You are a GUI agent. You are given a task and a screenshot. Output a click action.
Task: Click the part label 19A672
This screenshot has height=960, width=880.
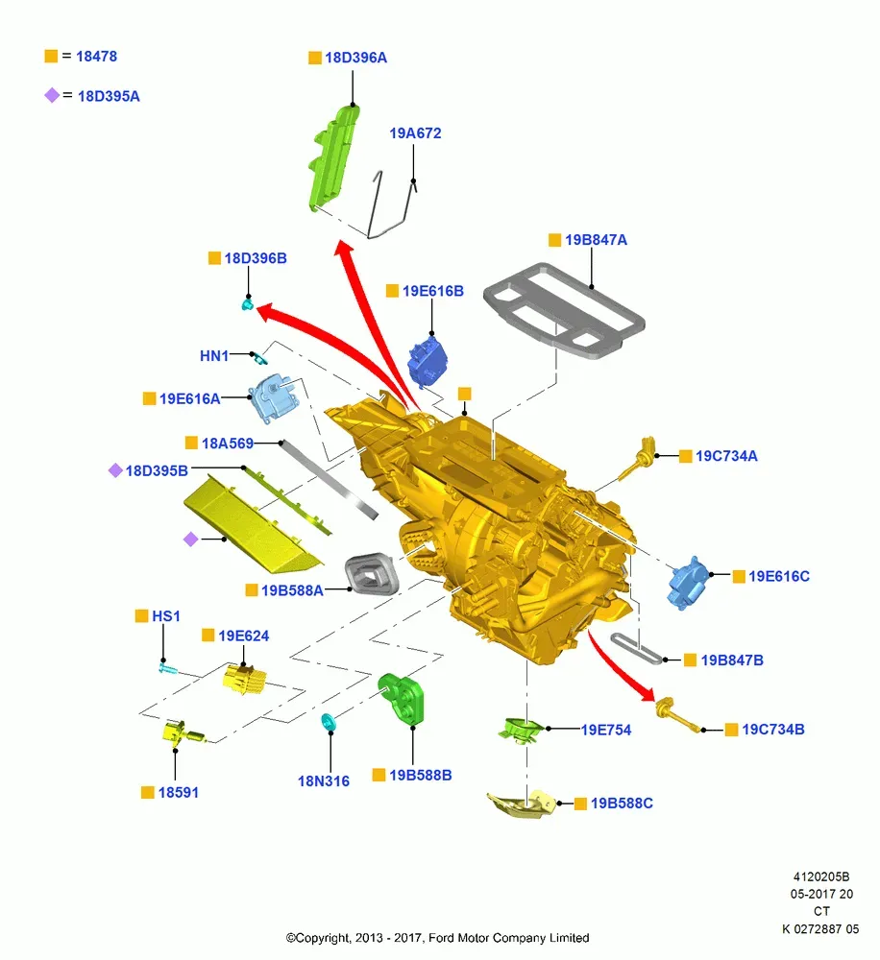click(415, 132)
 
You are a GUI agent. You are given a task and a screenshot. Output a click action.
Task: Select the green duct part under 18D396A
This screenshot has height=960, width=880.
click(334, 158)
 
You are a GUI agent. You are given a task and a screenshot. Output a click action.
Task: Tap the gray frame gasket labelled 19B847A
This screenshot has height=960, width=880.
click(564, 309)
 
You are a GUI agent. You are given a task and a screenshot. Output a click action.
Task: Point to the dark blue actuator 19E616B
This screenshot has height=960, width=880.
click(428, 362)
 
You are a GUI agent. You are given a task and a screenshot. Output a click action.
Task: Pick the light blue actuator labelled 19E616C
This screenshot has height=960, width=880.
click(688, 583)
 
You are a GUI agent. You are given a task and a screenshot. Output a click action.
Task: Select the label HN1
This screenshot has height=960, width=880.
click(214, 356)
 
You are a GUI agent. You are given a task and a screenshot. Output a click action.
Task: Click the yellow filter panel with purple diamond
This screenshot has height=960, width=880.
click(253, 524)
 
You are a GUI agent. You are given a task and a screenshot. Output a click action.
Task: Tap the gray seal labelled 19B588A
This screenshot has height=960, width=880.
click(372, 574)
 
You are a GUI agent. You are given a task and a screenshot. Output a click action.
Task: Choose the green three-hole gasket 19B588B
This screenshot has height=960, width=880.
click(401, 699)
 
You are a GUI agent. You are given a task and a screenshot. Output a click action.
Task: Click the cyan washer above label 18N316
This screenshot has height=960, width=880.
click(329, 722)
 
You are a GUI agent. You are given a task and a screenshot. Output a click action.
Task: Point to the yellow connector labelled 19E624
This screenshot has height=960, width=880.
click(245, 680)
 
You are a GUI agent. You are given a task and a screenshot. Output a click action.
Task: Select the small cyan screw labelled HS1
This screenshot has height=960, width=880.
click(167, 668)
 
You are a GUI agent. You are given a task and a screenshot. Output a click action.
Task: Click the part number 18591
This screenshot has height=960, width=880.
click(179, 792)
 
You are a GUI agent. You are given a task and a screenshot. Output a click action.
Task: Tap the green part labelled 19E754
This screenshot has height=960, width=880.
click(521, 730)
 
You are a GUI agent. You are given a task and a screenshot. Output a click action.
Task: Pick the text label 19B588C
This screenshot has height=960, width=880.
click(622, 803)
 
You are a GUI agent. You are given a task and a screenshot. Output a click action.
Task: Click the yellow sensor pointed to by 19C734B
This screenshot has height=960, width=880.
click(676, 714)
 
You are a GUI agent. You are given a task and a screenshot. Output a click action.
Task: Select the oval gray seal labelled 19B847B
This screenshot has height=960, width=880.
click(636, 648)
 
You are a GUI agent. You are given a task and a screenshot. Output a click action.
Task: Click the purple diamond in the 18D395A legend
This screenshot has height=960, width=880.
click(52, 95)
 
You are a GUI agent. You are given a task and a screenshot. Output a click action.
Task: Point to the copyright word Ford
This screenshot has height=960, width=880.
click(442, 937)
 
